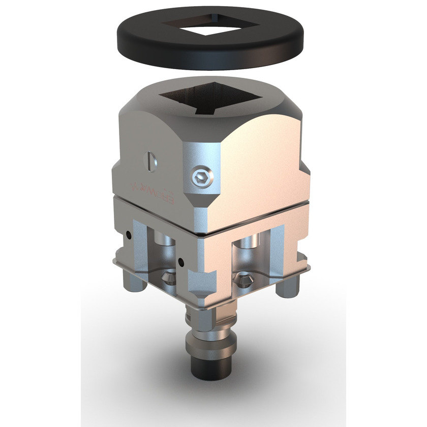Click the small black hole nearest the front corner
click(181, 262)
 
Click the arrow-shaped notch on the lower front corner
click(201, 284)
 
